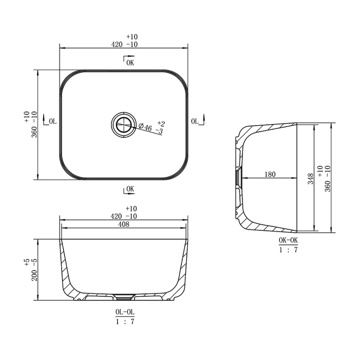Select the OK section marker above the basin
pyautogui.click(x=129, y=62)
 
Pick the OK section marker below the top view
pyautogui.click(x=129, y=189)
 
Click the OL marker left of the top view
pyautogui.click(x=50, y=121)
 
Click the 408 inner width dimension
pyautogui.click(x=123, y=225)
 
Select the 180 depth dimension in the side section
pyautogui.click(x=270, y=174)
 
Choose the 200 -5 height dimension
pyautogui.click(x=34, y=273)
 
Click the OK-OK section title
pyautogui.click(x=288, y=241)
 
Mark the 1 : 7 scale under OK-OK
pyautogui.click(x=288, y=250)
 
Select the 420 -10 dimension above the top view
pyautogui.click(x=124, y=44)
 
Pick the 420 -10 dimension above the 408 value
pyautogui.click(x=124, y=216)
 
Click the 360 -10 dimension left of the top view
pyautogui.click(x=34, y=124)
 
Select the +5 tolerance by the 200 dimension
pyautogui.click(x=27, y=262)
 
